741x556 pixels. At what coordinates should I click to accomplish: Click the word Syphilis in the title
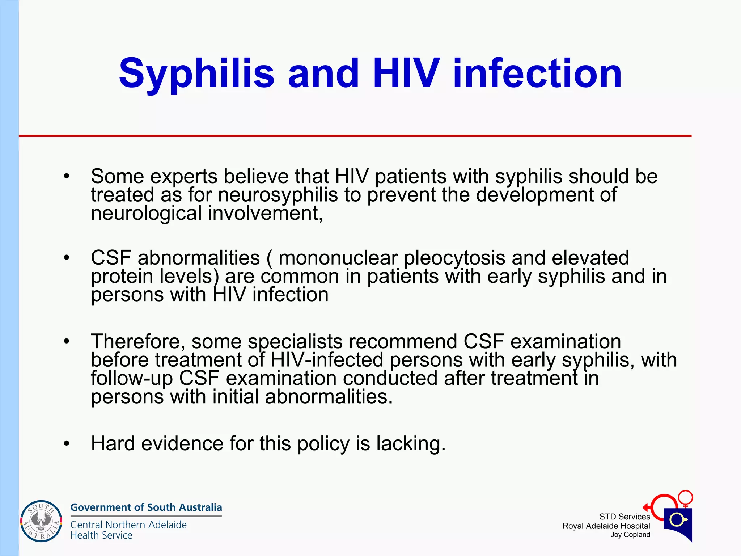(196, 74)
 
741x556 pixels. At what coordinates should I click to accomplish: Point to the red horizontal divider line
(355, 136)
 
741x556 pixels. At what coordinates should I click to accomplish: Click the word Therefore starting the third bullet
(138, 342)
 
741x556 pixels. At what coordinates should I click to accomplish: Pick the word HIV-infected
(327, 360)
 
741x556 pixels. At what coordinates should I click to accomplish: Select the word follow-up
(132, 378)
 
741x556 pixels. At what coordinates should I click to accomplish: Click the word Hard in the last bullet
(113, 443)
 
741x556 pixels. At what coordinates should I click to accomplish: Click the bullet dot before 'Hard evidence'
(66, 444)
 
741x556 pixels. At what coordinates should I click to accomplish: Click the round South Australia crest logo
(41, 521)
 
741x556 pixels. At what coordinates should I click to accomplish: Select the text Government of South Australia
(146, 507)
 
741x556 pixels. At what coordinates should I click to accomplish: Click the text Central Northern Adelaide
(128, 525)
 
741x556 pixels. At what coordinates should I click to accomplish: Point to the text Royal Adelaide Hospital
(606, 526)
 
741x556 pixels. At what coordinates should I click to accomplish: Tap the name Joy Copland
(630, 535)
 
